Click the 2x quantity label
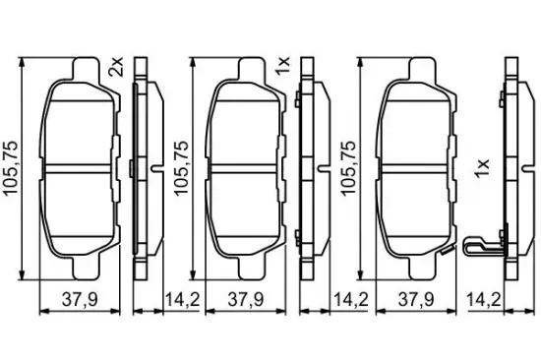pyautogui.click(x=116, y=67)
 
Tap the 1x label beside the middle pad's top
pyautogui.click(x=282, y=66)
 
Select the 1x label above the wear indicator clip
pyautogui.click(x=482, y=168)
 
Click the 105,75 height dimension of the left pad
pyautogui.click(x=10, y=168)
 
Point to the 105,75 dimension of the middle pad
pyautogui.click(x=182, y=168)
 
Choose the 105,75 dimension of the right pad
pyautogui.click(x=347, y=168)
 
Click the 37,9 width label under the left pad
pyautogui.click(x=80, y=299)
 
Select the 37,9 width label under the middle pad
pyautogui.click(x=246, y=299)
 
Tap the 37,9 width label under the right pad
pyautogui.click(x=416, y=299)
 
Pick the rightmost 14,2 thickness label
pyautogui.click(x=484, y=299)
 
